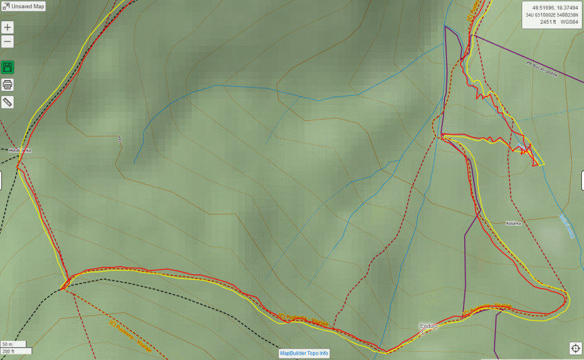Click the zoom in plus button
(x=7, y=27)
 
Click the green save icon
(x=7, y=67)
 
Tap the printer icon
(x=7, y=85)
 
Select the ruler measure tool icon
(x=7, y=103)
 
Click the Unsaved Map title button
(x=23, y=6)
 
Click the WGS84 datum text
(x=569, y=22)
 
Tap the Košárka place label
(x=513, y=223)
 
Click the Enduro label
(x=428, y=326)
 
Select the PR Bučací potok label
(x=541, y=69)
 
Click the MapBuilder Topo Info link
(x=304, y=353)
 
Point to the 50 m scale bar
(x=15, y=344)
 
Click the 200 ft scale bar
(x=15, y=351)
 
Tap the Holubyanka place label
(x=20, y=150)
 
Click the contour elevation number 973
(x=120, y=139)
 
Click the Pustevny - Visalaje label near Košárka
(x=486, y=308)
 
